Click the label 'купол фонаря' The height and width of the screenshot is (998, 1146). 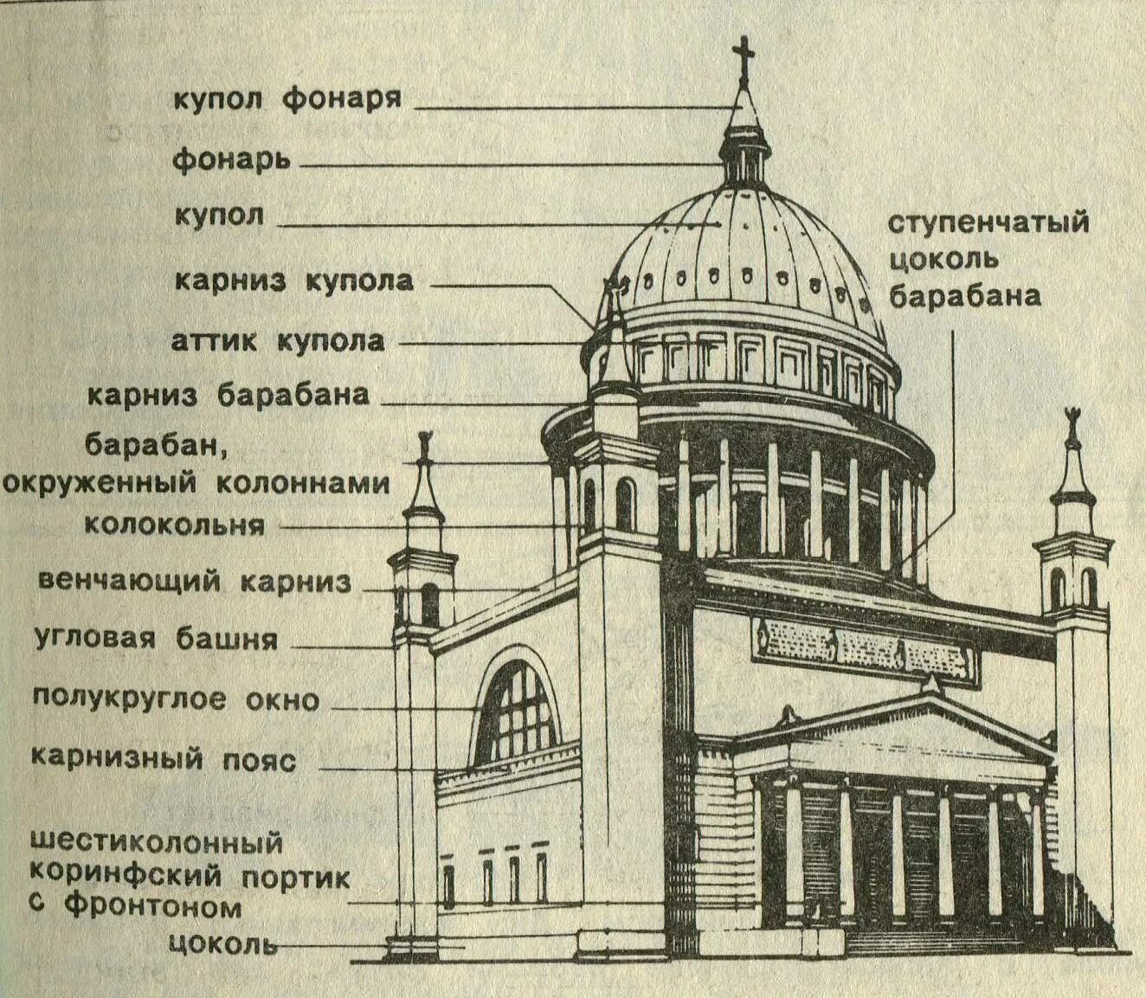point(288,97)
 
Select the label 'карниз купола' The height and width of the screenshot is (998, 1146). point(293,281)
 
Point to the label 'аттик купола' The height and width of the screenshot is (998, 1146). point(279,340)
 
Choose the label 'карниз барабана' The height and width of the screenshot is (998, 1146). point(229,395)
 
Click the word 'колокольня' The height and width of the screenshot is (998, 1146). point(174,525)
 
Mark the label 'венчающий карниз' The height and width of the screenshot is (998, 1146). point(195,581)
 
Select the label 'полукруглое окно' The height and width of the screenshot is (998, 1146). point(177,699)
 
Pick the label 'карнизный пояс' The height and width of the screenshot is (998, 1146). point(164,759)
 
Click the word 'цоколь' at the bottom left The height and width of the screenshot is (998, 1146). point(223,943)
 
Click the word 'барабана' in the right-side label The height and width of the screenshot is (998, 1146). point(965,296)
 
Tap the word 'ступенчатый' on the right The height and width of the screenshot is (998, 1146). point(988,222)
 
